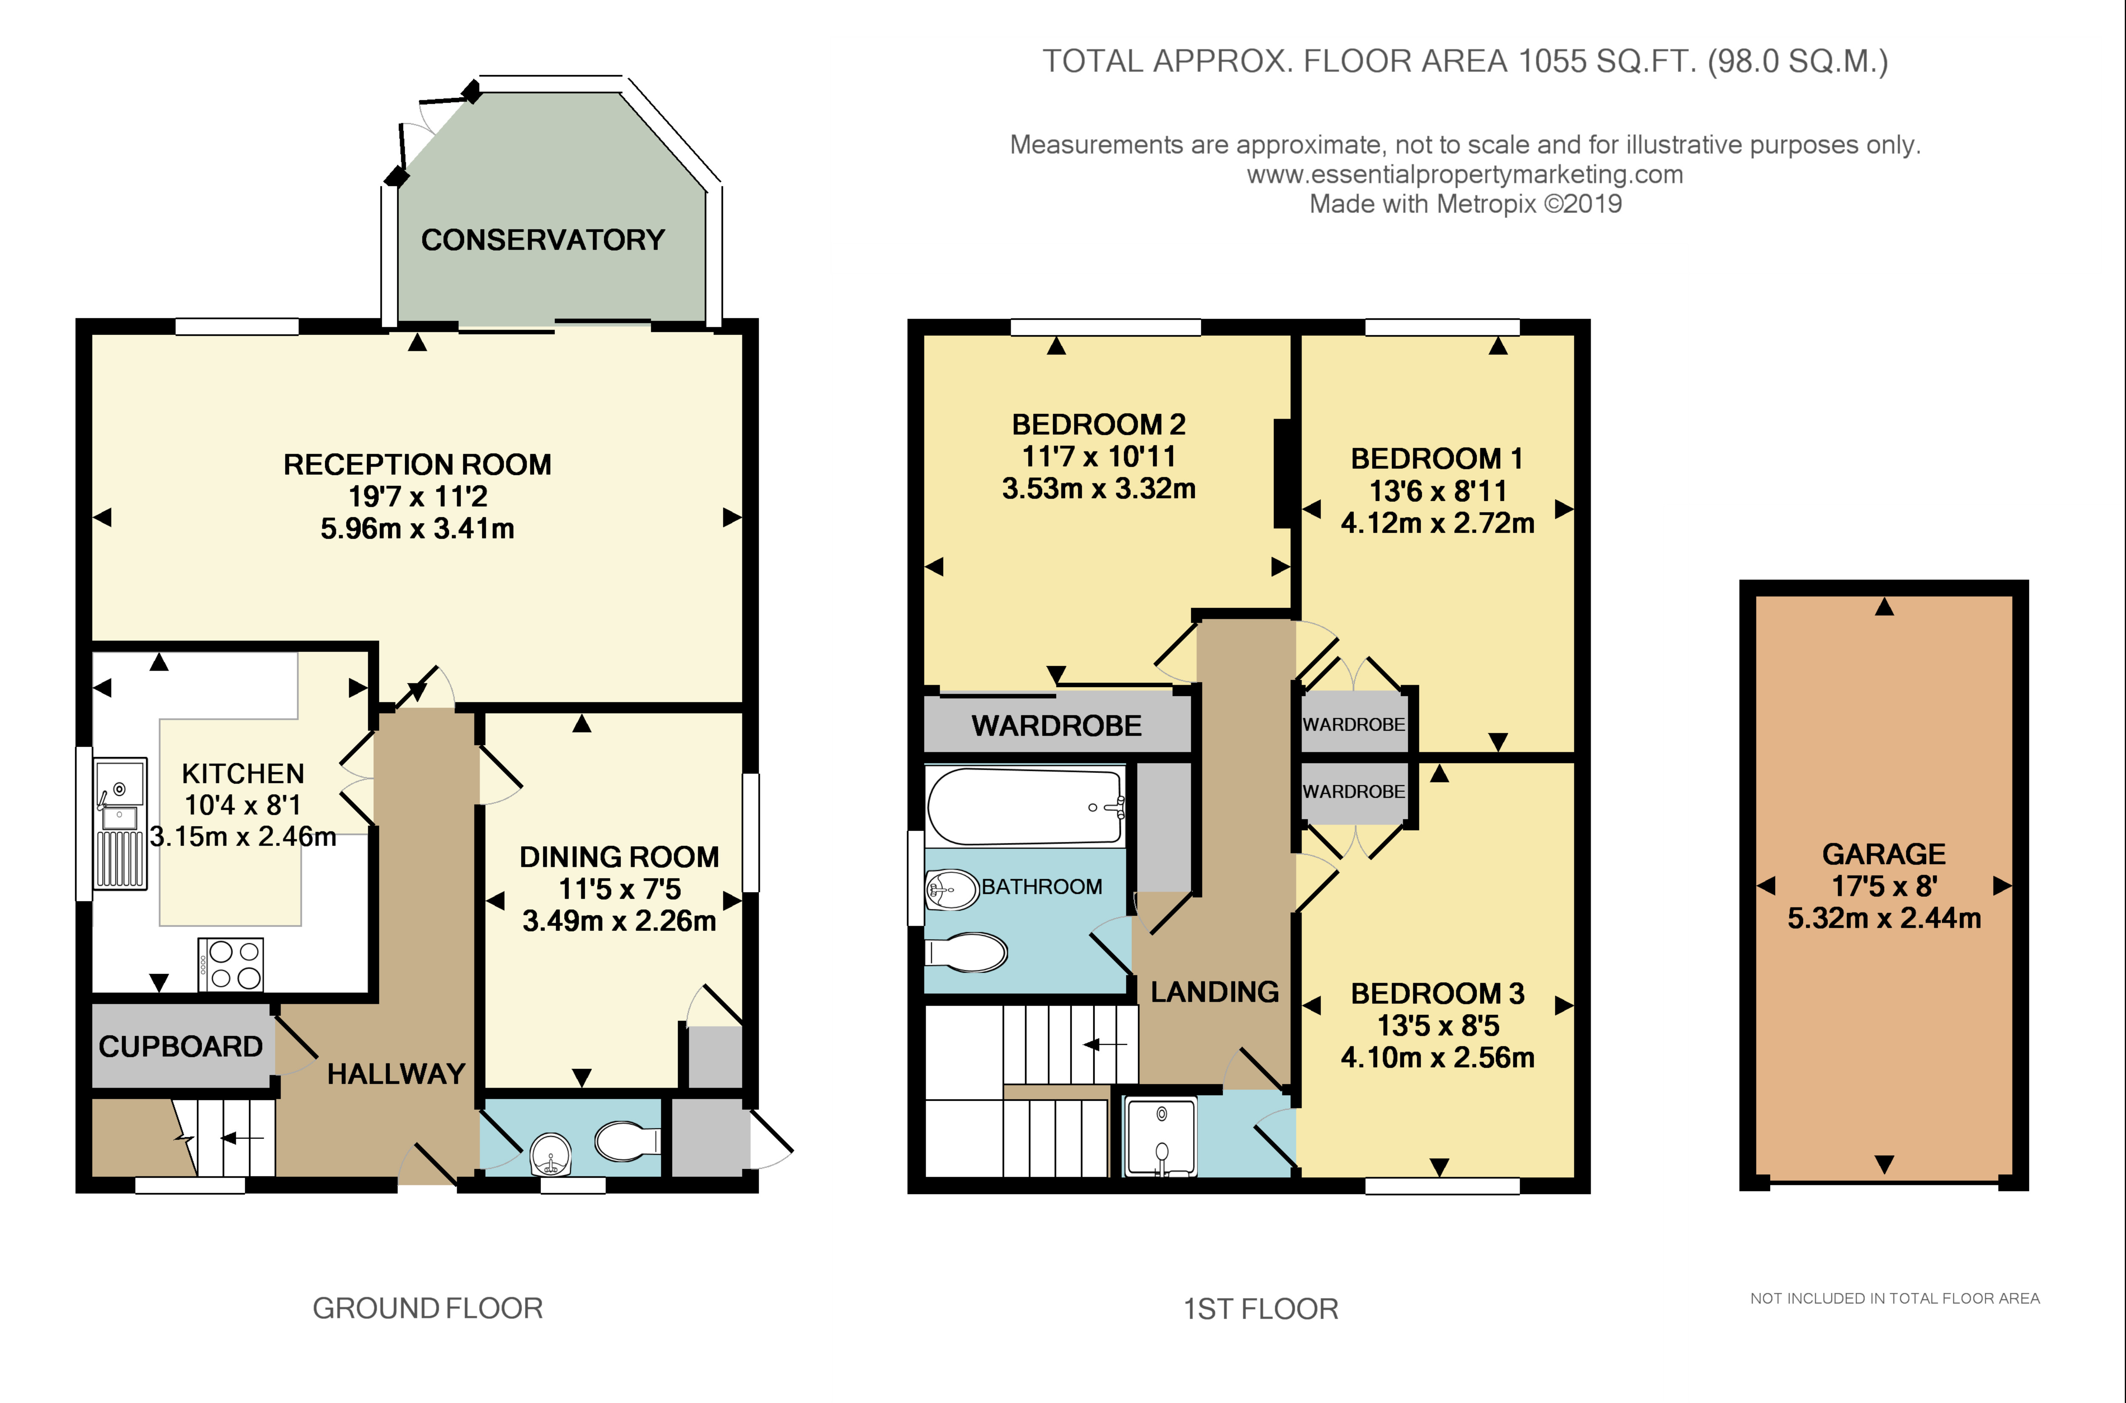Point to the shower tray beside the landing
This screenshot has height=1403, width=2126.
[x=1161, y=1137]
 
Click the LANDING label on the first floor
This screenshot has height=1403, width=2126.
[x=1215, y=992]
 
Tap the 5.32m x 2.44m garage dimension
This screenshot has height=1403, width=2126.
[x=1884, y=918]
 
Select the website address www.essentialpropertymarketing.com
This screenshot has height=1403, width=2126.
[x=1465, y=175]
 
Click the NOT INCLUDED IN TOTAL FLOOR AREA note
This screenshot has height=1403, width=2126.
[x=1895, y=1298]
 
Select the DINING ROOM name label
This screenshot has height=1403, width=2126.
[x=620, y=857]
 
